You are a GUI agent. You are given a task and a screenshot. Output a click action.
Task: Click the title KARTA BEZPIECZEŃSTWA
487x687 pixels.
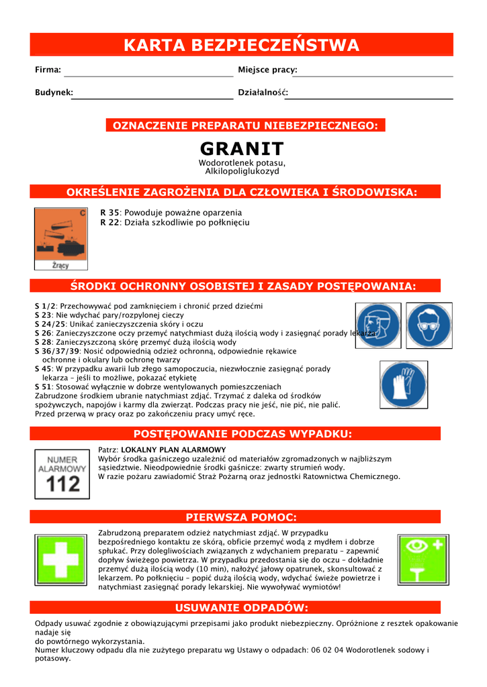click(241, 46)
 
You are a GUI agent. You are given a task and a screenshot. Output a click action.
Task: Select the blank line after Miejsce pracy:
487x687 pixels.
click(376, 76)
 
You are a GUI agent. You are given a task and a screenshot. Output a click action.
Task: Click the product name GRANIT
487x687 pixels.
click(242, 148)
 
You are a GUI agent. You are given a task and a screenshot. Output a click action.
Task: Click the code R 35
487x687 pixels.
click(109, 212)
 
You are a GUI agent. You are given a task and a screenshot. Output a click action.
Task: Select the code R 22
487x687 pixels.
click(109, 222)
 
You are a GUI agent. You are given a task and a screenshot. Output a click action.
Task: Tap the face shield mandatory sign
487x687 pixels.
click(378, 325)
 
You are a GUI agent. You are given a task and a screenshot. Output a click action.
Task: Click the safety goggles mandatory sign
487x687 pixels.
click(429, 325)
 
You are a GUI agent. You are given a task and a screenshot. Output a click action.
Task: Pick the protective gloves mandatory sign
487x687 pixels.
click(403, 384)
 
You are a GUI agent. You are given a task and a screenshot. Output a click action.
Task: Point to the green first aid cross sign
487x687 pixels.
click(60, 560)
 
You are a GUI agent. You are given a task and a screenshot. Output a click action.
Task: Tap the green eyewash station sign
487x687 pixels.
click(423, 560)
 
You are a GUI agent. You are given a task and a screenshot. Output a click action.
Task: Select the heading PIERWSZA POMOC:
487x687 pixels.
click(241, 517)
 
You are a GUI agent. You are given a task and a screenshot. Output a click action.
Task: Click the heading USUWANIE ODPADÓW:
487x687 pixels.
click(241, 609)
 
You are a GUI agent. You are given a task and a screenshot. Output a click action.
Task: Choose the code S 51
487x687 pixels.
click(43, 387)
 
